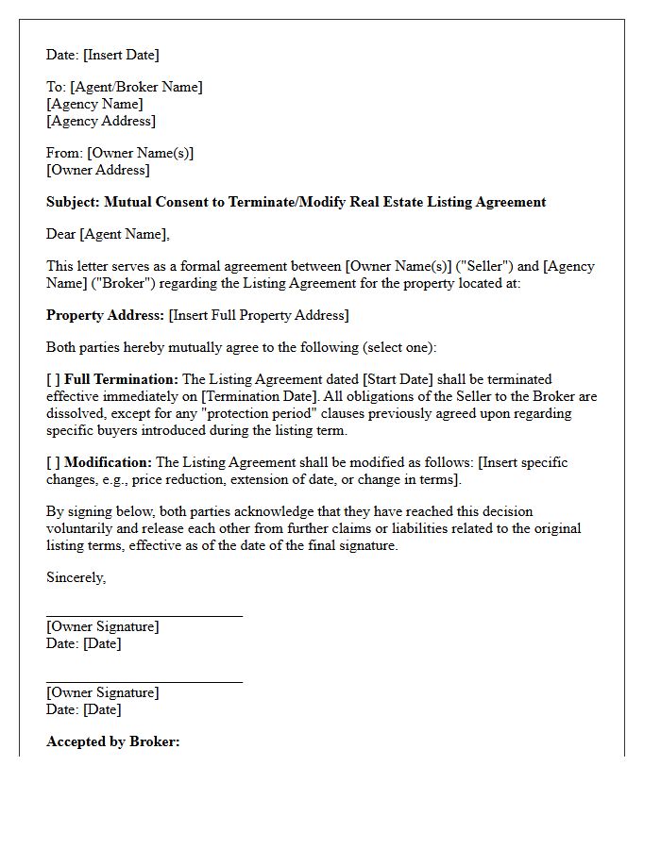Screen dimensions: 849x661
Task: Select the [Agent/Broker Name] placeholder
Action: pos(136,87)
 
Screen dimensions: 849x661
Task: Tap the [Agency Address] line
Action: pos(101,121)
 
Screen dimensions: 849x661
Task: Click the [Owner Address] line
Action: pos(97,170)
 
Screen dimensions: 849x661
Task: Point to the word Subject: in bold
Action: pos(73,202)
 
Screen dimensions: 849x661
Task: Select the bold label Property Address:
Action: pos(105,315)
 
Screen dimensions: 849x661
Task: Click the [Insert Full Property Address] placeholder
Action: pos(259,315)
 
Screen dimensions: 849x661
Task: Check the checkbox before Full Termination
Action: pos(53,379)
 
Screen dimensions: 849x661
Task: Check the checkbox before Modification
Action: pos(53,462)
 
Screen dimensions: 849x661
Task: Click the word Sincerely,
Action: pos(76,577)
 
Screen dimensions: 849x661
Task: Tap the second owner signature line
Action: pos(144,680)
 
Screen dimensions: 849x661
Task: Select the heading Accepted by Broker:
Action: pos(112,741)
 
